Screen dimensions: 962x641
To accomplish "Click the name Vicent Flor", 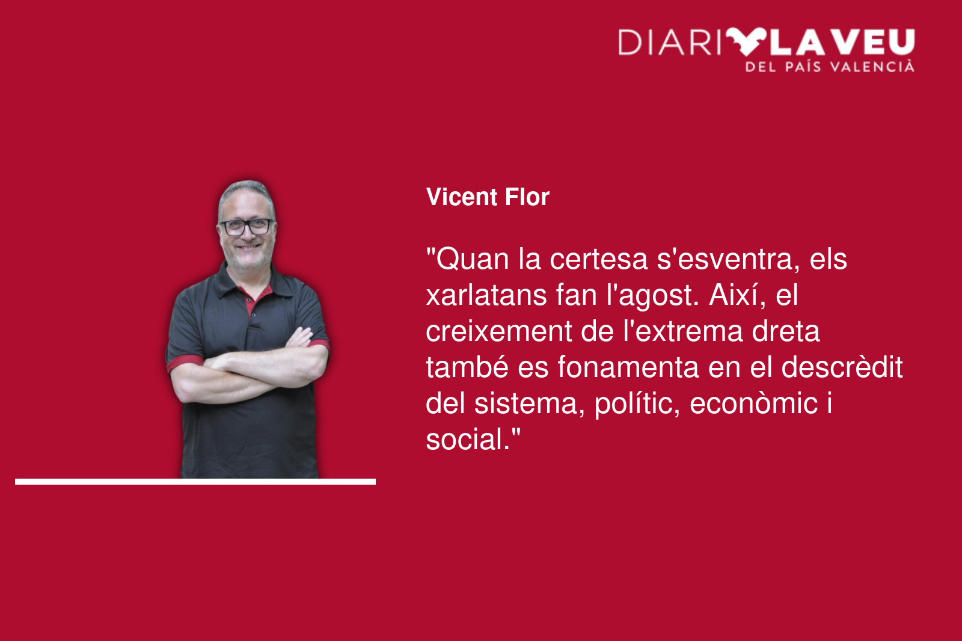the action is [x=488, y=197].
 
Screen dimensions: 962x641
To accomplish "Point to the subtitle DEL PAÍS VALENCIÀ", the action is [x=830, y=67].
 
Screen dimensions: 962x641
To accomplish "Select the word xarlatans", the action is [x=486, y=295].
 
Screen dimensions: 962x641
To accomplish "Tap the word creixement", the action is [x=498, y=331].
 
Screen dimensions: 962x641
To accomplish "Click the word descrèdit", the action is [x=842, y=367].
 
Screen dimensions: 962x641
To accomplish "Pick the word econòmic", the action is [x=754, y=404].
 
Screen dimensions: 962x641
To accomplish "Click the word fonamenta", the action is [x=628, y=368].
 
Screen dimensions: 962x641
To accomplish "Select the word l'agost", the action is [x=653, y=296].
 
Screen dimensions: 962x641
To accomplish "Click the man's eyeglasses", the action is [x=247, y=227].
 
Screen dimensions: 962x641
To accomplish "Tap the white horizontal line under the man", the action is [x=195, y=482].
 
